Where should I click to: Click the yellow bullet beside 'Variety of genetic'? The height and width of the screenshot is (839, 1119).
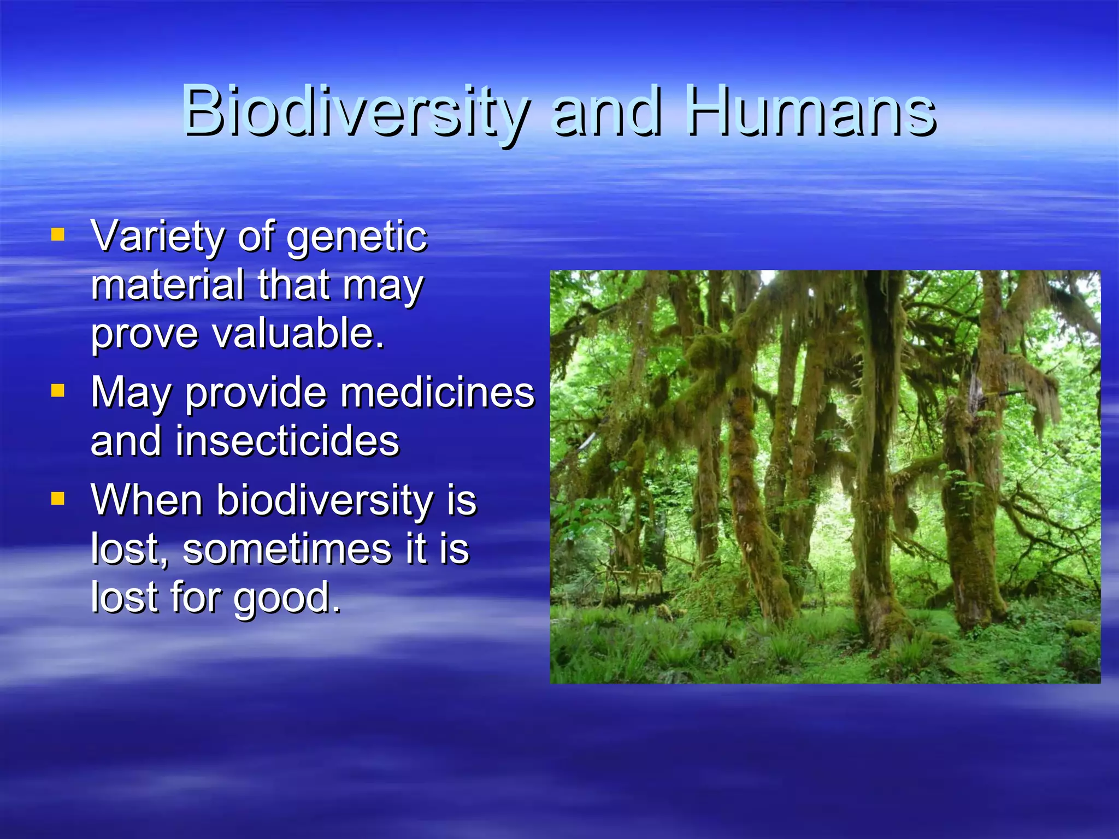(x=57, y=235)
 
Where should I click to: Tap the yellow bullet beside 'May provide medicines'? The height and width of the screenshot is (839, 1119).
(x=57, y=391)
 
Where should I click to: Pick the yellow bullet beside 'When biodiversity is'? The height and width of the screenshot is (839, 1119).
(x=57, y=498)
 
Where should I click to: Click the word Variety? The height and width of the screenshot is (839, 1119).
(x=157, y=237)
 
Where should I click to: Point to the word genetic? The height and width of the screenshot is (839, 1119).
(x=357, y=237)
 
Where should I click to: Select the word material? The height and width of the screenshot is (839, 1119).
(x=167, y=285)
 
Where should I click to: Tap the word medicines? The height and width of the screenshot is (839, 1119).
(x=437, y=392)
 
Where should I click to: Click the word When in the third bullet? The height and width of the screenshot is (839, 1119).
(x=147, y=500)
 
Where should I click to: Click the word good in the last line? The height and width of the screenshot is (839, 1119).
(x=287, y=598)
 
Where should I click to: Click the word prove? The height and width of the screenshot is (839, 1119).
(x=144, y=334)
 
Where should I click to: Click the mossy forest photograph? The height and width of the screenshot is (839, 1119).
(x=824, y=476)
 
